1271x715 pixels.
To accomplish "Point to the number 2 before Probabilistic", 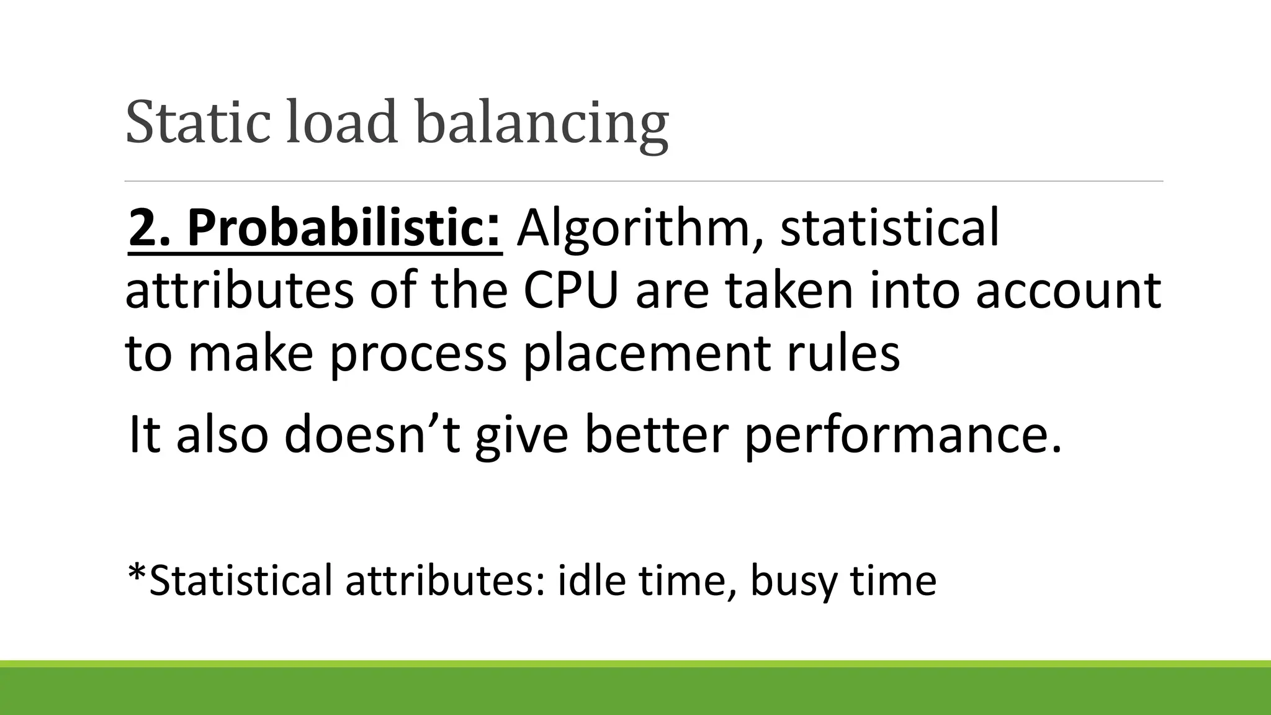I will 141,228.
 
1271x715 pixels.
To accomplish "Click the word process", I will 418,356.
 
